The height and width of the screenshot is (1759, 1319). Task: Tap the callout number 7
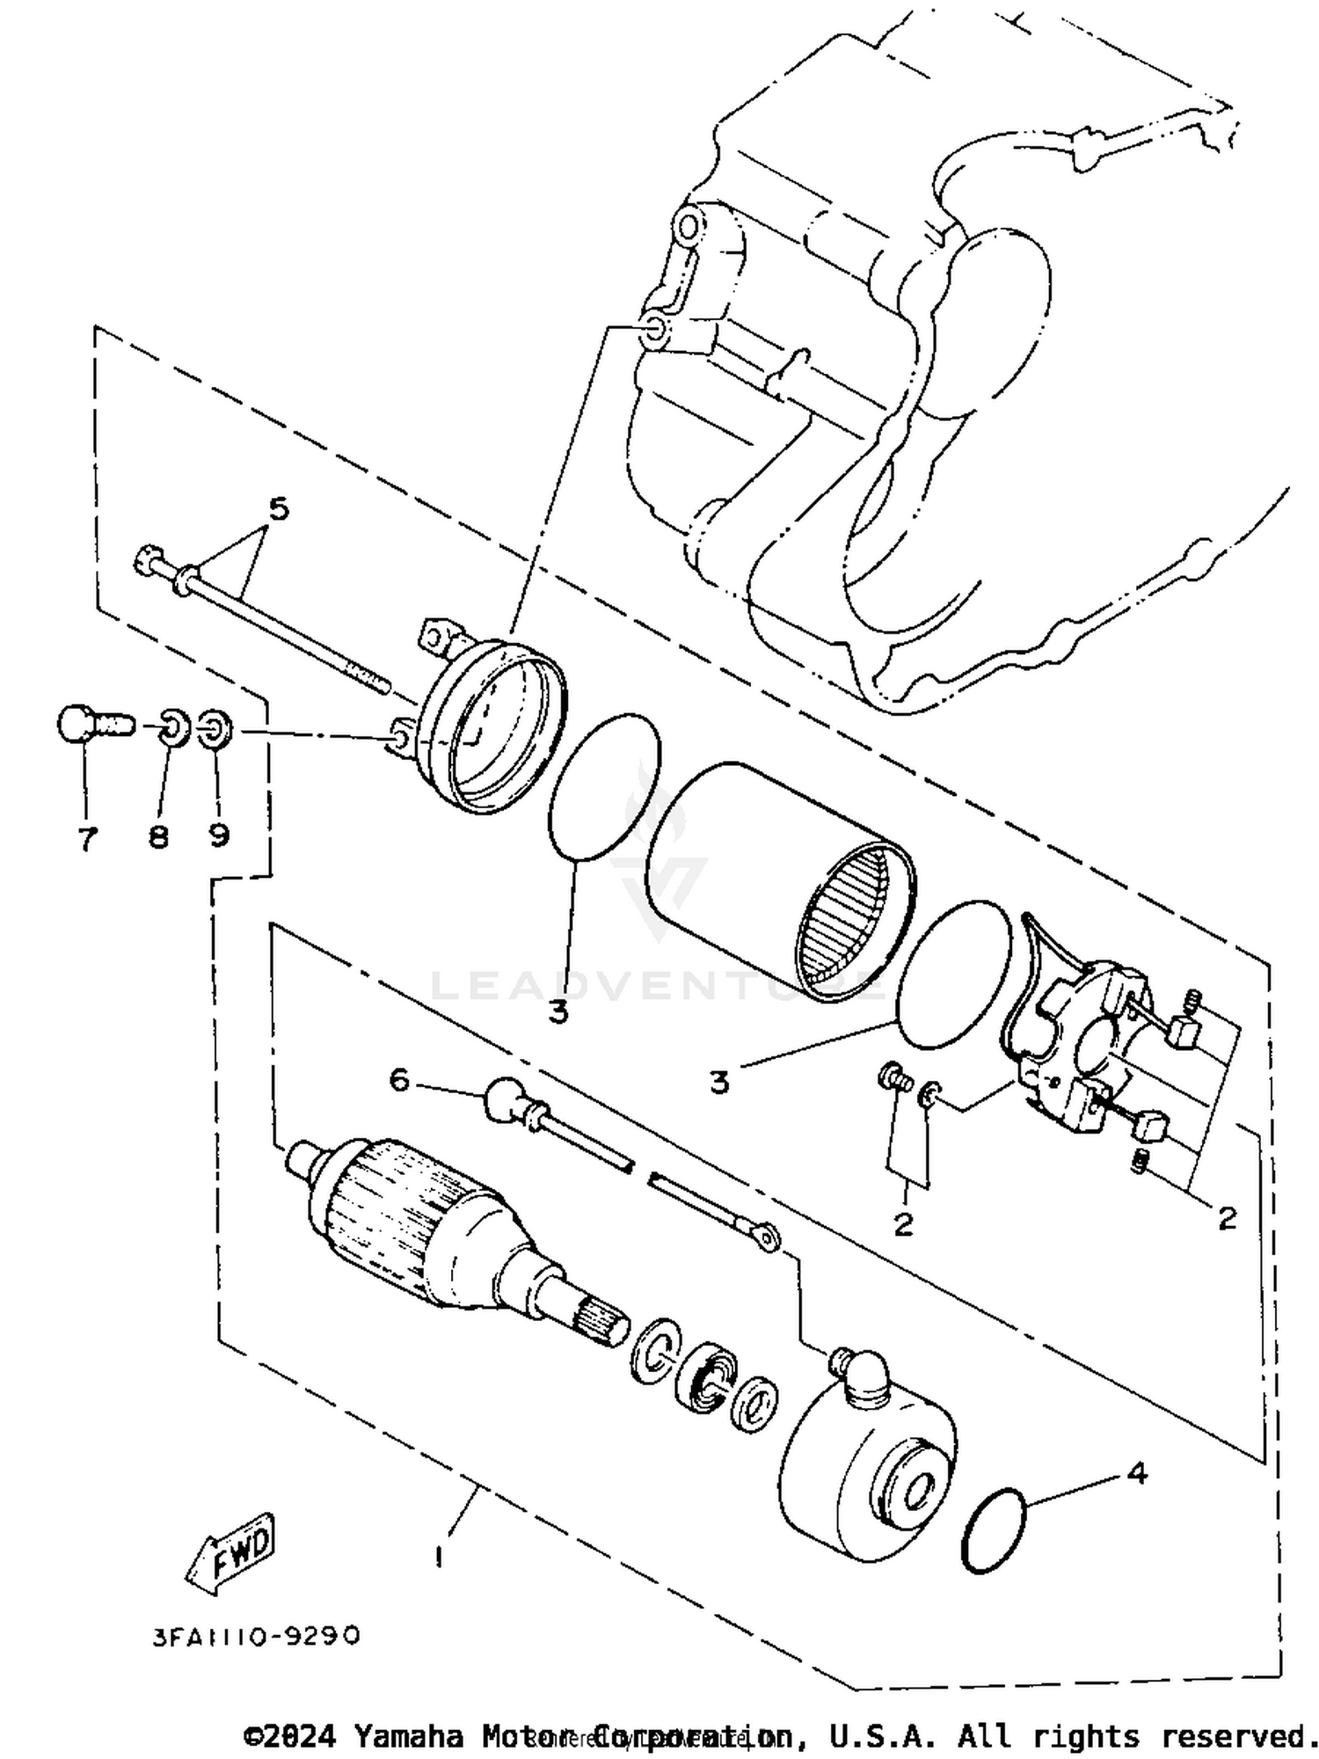point(86,839)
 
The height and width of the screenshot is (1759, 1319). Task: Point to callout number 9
point(218,834)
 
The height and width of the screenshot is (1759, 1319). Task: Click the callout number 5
point(278,509)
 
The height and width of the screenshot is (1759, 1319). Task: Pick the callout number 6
point(400,1080)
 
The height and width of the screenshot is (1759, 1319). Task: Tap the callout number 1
point(438,1555)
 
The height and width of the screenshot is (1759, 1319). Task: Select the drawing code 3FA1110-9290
point(256,1635)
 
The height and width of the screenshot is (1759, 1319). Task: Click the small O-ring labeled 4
point(995,1531)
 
